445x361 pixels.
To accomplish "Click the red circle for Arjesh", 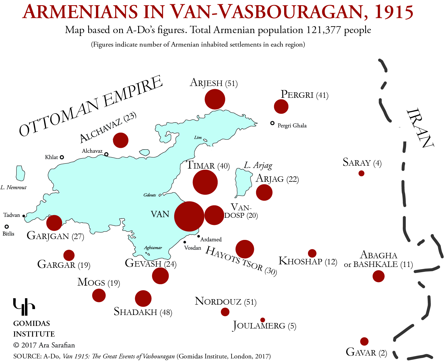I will coord(215,99).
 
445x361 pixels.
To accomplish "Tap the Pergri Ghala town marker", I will coord(272,123).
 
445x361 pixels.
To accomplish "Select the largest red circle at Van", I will coord(189,216).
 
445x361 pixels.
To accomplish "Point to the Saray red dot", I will coord(361,173).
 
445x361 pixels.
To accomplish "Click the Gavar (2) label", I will coord(366,352).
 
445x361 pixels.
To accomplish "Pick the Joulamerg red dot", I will coord(263,320).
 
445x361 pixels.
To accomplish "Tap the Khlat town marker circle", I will coord(62,157).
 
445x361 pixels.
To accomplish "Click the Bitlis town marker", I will coord(7,227).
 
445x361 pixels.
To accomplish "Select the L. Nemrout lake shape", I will coord(20,173).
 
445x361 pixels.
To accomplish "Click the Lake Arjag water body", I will coord(242,182).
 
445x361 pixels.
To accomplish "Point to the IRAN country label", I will coord(420,128).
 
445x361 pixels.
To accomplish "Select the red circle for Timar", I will coord(205,182).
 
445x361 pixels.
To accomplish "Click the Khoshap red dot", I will coord(312,253).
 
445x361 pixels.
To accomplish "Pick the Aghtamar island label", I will coord(153,248).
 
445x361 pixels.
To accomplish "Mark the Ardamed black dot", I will coord(199,236).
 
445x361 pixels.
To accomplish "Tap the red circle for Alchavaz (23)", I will coord(121,140).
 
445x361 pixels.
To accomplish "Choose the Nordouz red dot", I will coord(225,312).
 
